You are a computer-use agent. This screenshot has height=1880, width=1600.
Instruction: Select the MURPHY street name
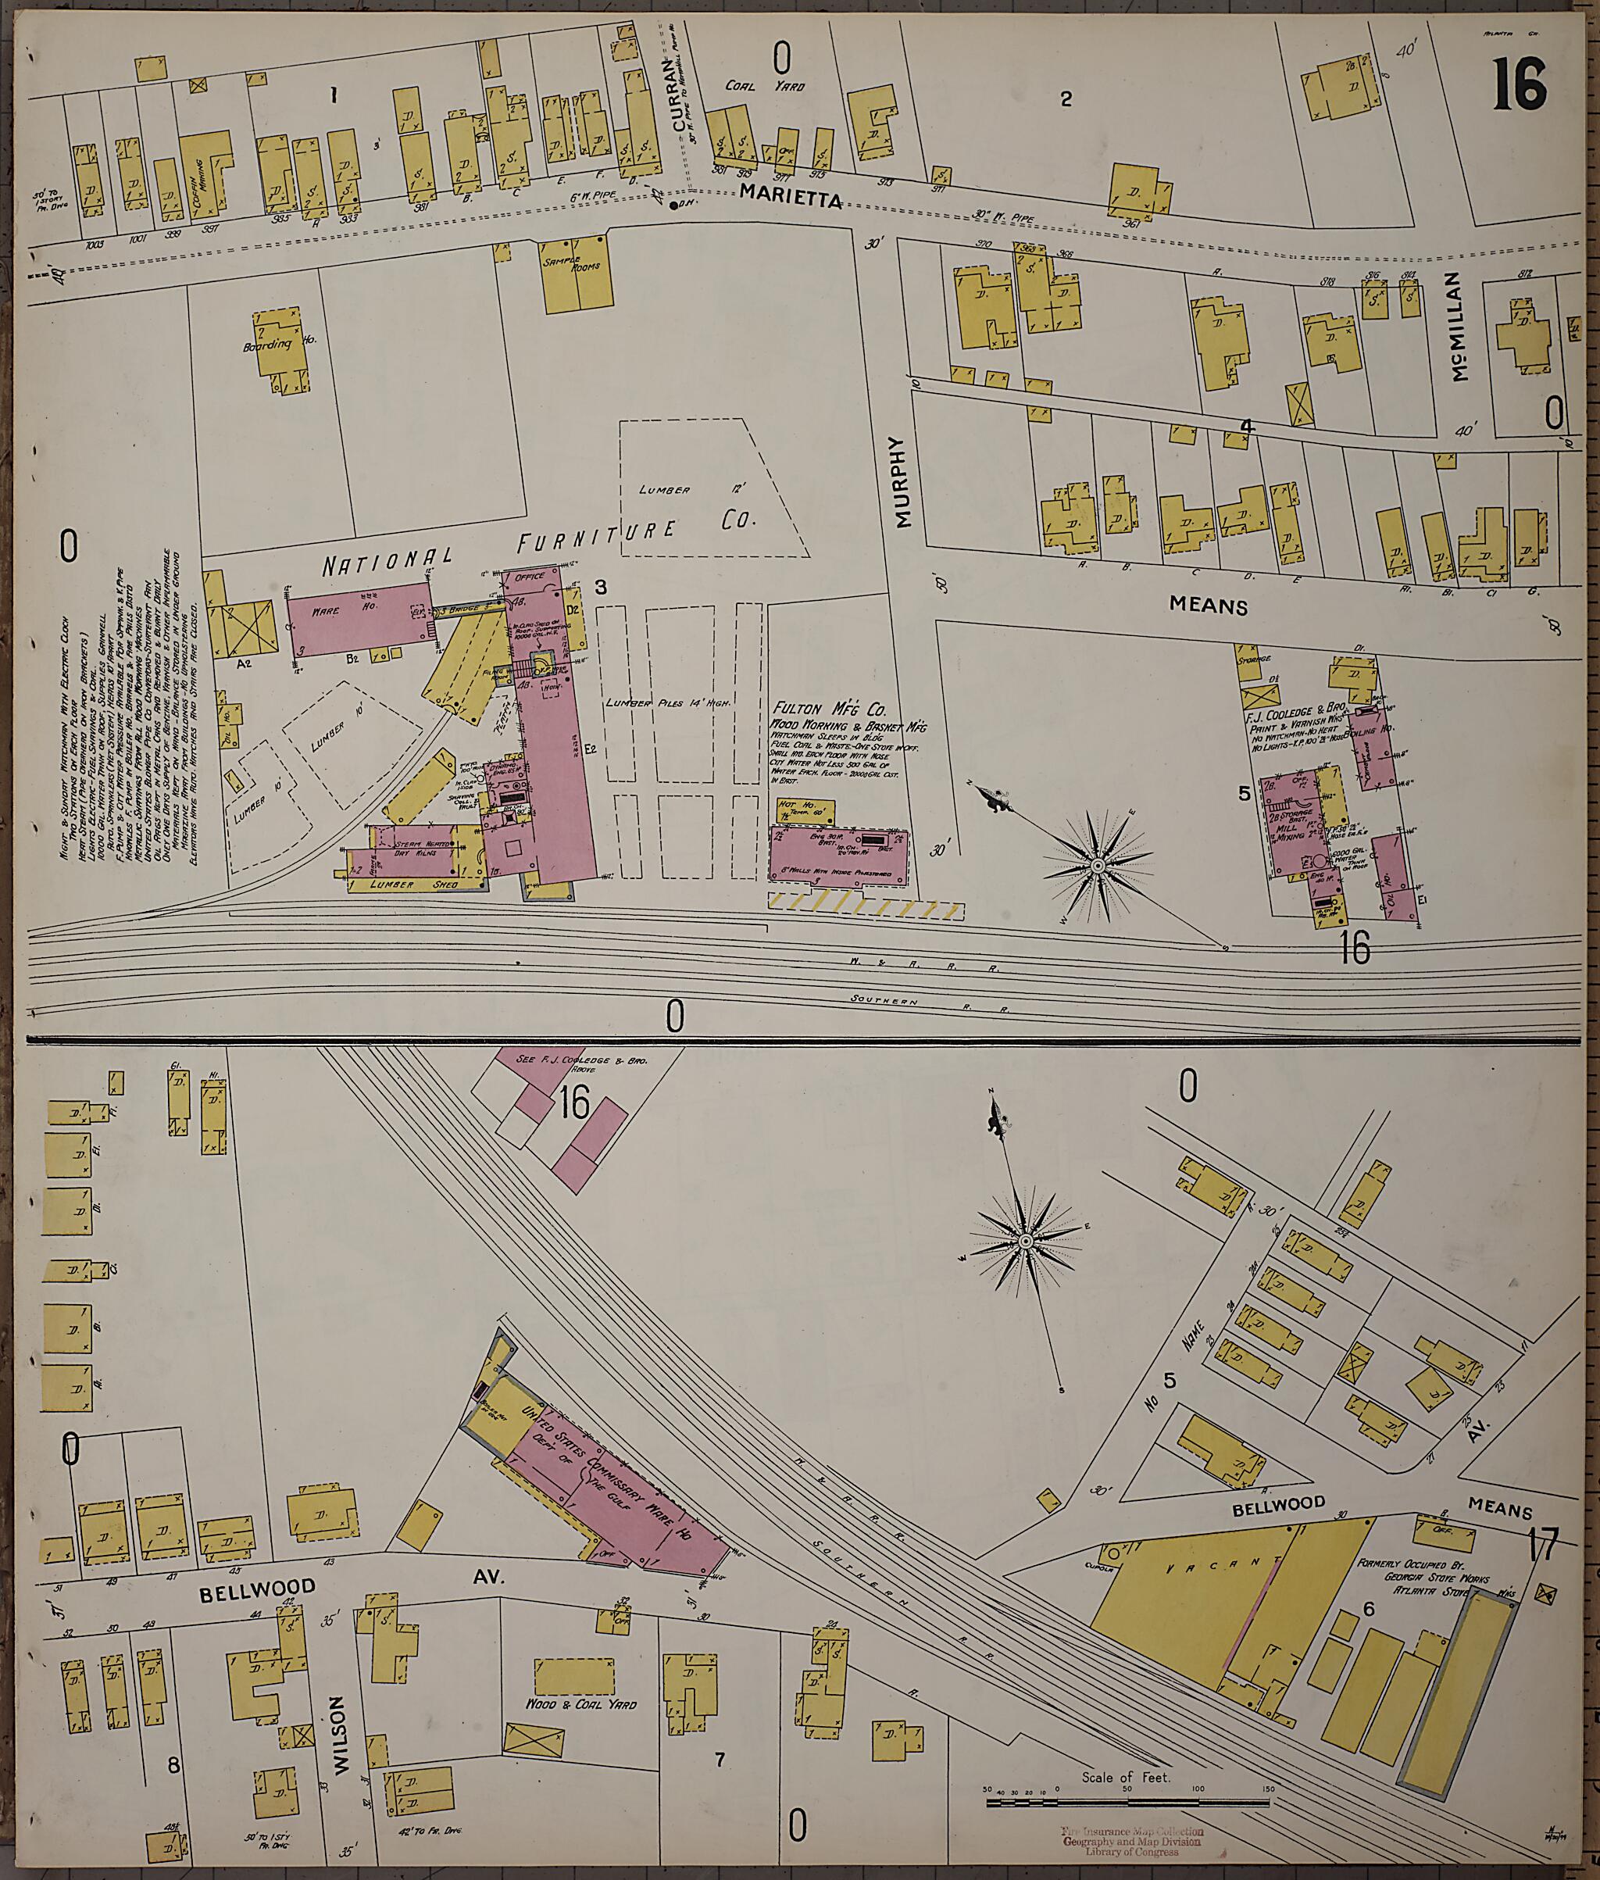coord(900,482)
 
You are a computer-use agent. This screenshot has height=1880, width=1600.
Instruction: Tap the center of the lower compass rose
coord(1025,1240)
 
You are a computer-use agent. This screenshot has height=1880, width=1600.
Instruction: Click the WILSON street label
coord(337,1721)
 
